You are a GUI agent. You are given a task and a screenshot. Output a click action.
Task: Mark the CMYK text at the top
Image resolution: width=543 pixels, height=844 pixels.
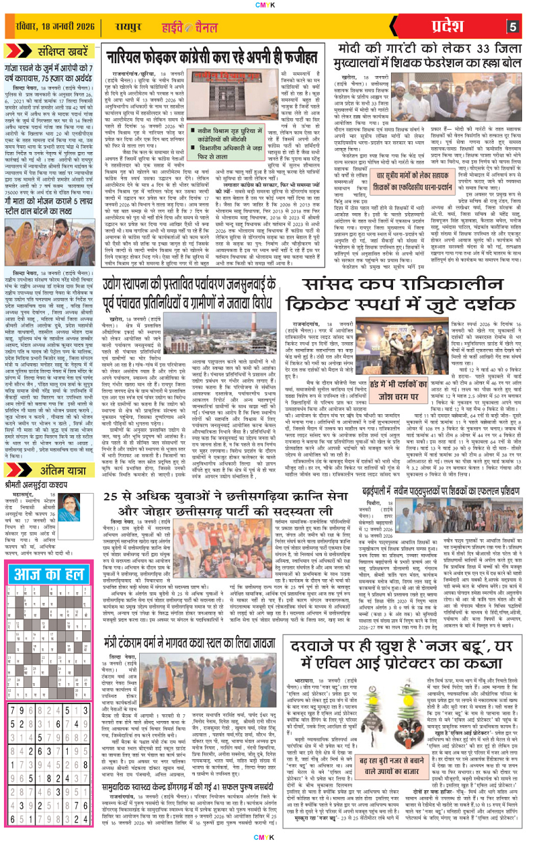coord(271,4)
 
